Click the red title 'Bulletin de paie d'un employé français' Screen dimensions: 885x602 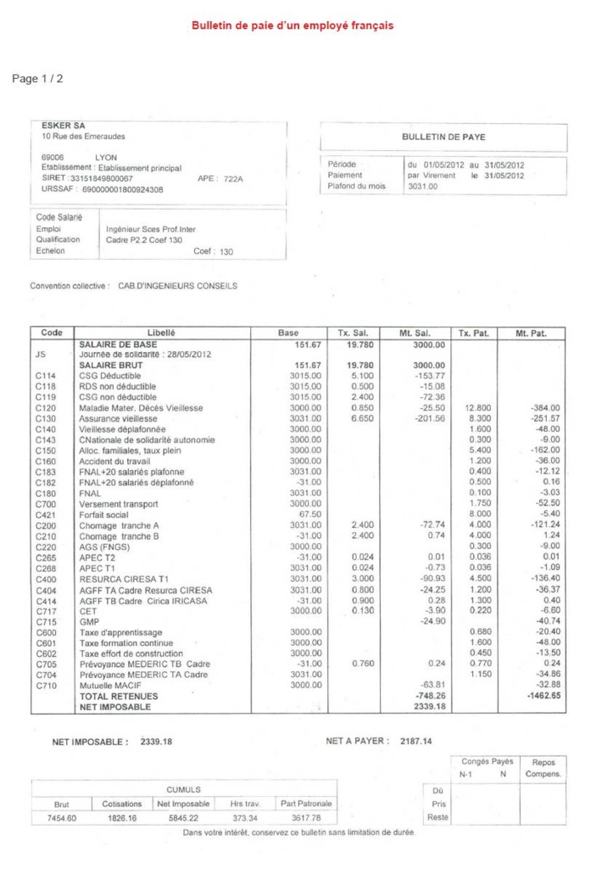pos(292,26)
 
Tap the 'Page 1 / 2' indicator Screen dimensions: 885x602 pos(38,79)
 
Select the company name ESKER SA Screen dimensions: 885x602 pos(64,127)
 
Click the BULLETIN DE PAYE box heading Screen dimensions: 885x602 pos(444,136)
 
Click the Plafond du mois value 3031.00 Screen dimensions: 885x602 pos(422,186)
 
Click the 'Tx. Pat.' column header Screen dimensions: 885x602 pos(471,333)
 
